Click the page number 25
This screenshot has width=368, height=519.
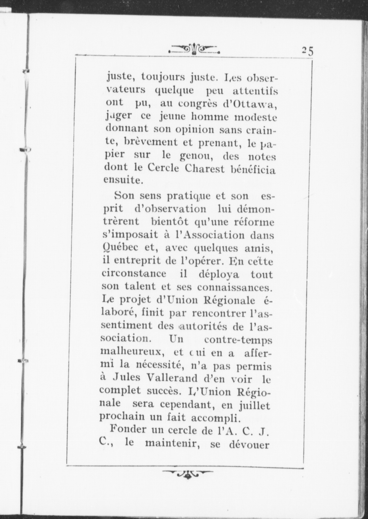[308, 51]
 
